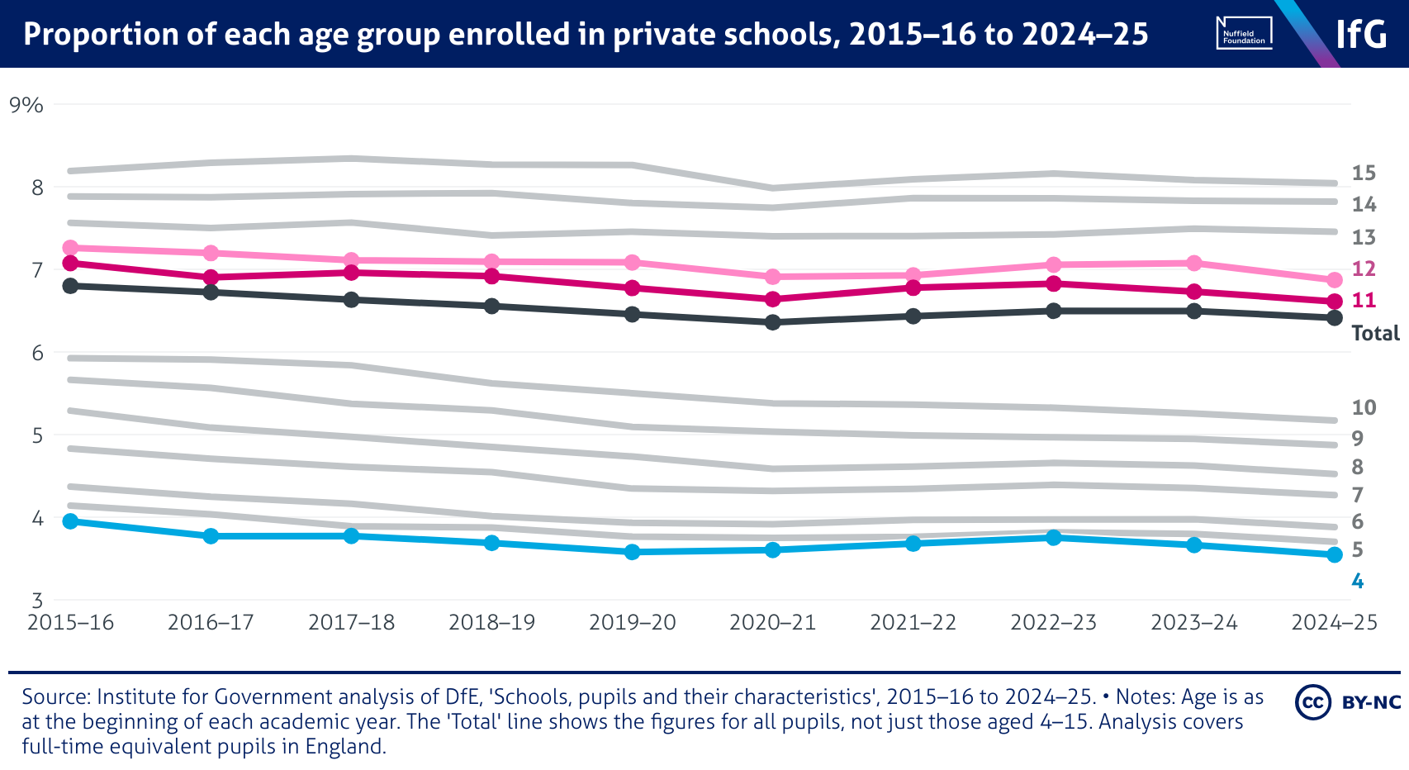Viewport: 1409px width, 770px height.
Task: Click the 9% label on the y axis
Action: pyautogui.click(x=26, y=105)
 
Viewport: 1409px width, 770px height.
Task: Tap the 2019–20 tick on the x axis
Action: pyautogui.click(x=632, y=622)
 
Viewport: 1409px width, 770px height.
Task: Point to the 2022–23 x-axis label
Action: pyautogui.click(x=1053, y=622)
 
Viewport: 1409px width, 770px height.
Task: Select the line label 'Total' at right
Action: pyautogui.click(x=1375, y=333)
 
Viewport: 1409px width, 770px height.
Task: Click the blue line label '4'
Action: pyautogui.click(x=1357, y=582)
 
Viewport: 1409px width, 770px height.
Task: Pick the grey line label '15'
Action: pyautogui.click(x=1364, y=173)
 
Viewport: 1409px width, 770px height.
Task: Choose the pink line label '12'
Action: pyautogui.click(x=1364, y=269)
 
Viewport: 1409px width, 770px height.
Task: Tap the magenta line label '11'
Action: pyautogui.click(x=1364, y=300)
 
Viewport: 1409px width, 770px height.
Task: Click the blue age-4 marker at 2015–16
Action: pyautogui.click(x=70, y=521)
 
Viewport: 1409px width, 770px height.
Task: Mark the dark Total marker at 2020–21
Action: pyautogui.click(x=772, y=322)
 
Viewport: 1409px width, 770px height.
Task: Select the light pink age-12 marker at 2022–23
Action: pyautogui.click(x=1053, y=265)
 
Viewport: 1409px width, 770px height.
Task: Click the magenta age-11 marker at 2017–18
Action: pyautogui.click(x=351, y=273)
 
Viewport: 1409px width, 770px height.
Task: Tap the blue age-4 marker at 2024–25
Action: pyautogui.click(x=1334, y=555)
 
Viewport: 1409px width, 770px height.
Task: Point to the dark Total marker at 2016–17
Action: pyautogui.click(x=211, y=292)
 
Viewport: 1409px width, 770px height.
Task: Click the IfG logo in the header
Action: pyautogui.click(x=1361, y=35)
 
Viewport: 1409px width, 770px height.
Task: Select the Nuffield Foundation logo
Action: pyautogui.click(x=1244, y=34)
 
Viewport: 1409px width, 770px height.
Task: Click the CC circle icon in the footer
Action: pyautogui.click(x=1312, y=702)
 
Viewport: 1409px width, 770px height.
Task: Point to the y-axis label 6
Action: pyautogui.click(x=36, y=353)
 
